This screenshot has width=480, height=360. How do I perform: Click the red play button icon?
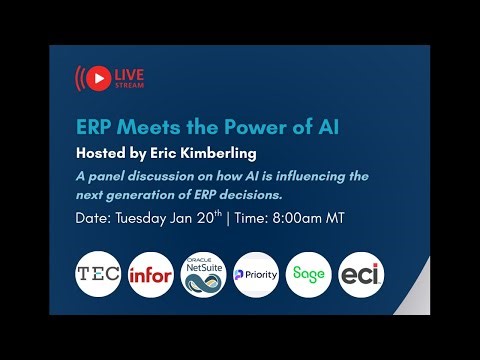pyautogui.click(x=98, y=77)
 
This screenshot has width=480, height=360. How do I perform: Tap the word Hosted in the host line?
pyautogui.click(x=103, y=154)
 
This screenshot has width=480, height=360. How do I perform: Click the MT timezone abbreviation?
pyautogui.click(x=334, y=219)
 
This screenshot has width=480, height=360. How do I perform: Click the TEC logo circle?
pyautogui.click(x=98, y=274)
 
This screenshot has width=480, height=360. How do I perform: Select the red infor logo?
pyautogui.click(x=150, y=274)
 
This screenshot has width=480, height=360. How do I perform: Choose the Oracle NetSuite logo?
pyautogui.click(x=202, y=274)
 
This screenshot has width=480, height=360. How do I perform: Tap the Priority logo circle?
pyautogui.click(x=254, y=274)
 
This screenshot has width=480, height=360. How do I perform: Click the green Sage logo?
pyautogui.click(x=307, y=274)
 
